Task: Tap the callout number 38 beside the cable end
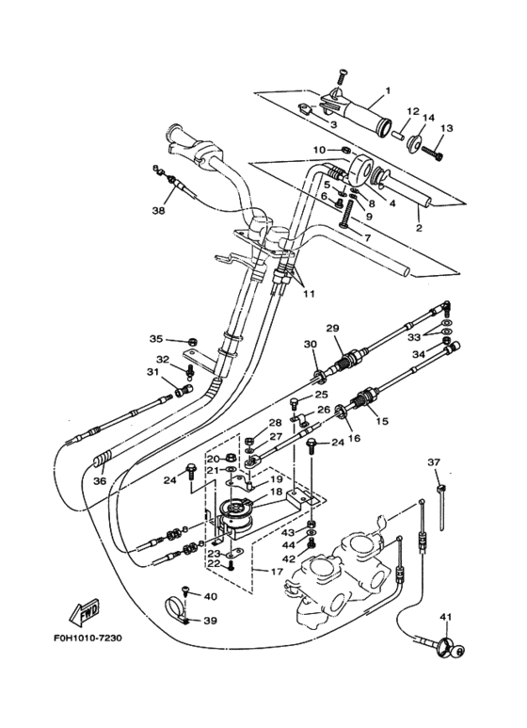[x=158, y=211]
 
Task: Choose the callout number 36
[x=99, y=481]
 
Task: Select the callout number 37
[x=434, y=461]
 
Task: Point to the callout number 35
[x=155, y=339]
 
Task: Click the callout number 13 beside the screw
[x=447, y=128]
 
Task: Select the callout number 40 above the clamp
[x=210, y=596]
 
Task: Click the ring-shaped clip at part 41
[x=450, y=648]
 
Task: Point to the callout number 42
[x=288, y=559]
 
